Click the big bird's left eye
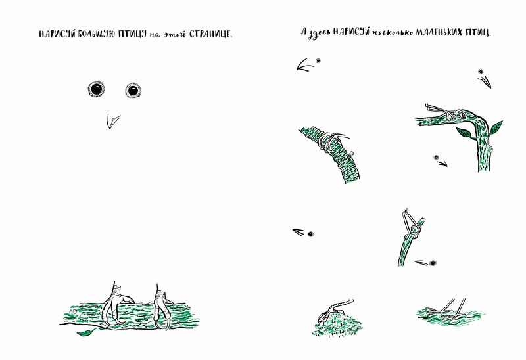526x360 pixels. click(x=97, y=89)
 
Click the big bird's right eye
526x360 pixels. click(x=133, y=90)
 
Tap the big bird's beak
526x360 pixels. click(x=112, y=121)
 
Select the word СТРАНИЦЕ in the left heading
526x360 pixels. click(x=210, y=34)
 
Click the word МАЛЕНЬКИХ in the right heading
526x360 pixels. click(x=439, y=32)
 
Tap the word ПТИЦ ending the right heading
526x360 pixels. click(x=477, y=33)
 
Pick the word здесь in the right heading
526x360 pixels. click(x=320, y=34)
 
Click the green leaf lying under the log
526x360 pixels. click(x=86, y=332)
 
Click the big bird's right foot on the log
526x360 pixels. click(x=162, y=306)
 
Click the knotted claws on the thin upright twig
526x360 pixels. click(x=413, y=225)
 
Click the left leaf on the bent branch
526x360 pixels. click(x=464, y=133)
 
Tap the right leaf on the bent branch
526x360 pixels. click(x=495, y=128)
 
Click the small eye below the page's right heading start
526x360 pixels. click(x=318, y=60)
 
